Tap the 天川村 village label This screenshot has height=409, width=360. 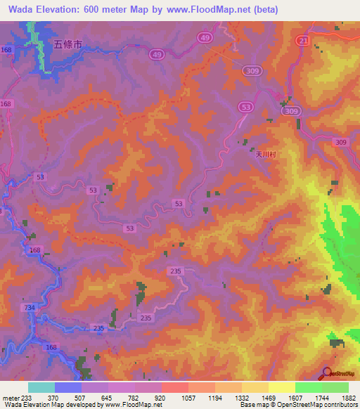pos(262,158)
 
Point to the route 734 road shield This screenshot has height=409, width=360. pos(29,308)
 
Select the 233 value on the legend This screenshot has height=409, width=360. pos(27,397)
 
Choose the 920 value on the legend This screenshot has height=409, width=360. pos(161,397)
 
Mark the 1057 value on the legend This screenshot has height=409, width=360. pos(188,397)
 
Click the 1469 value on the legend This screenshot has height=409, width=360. pos(268,397)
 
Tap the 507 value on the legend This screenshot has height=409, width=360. pos(81,397)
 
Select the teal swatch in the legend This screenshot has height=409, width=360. pos(41,387)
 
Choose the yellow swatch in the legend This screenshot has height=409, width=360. pos(281,387)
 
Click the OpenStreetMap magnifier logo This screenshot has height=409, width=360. pos(327,373)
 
